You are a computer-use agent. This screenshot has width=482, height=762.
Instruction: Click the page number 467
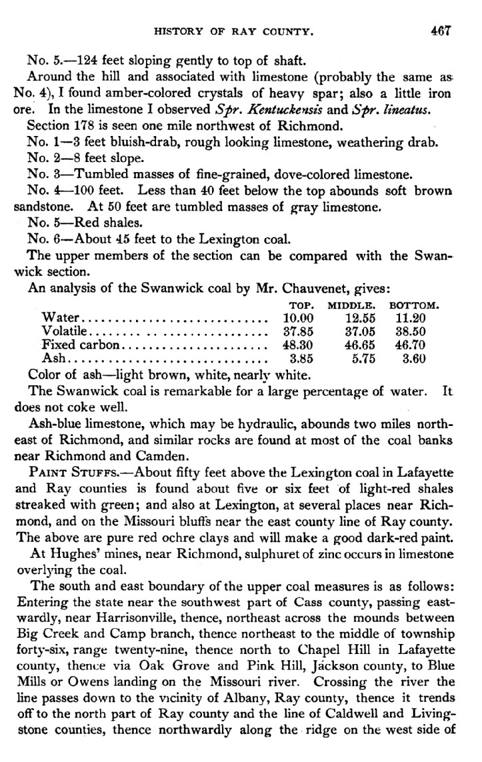(x=442, y=31)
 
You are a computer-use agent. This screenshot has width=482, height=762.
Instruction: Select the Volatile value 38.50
(x=409, y=331)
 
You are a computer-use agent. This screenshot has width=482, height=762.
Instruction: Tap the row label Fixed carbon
(x=81, y=345)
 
